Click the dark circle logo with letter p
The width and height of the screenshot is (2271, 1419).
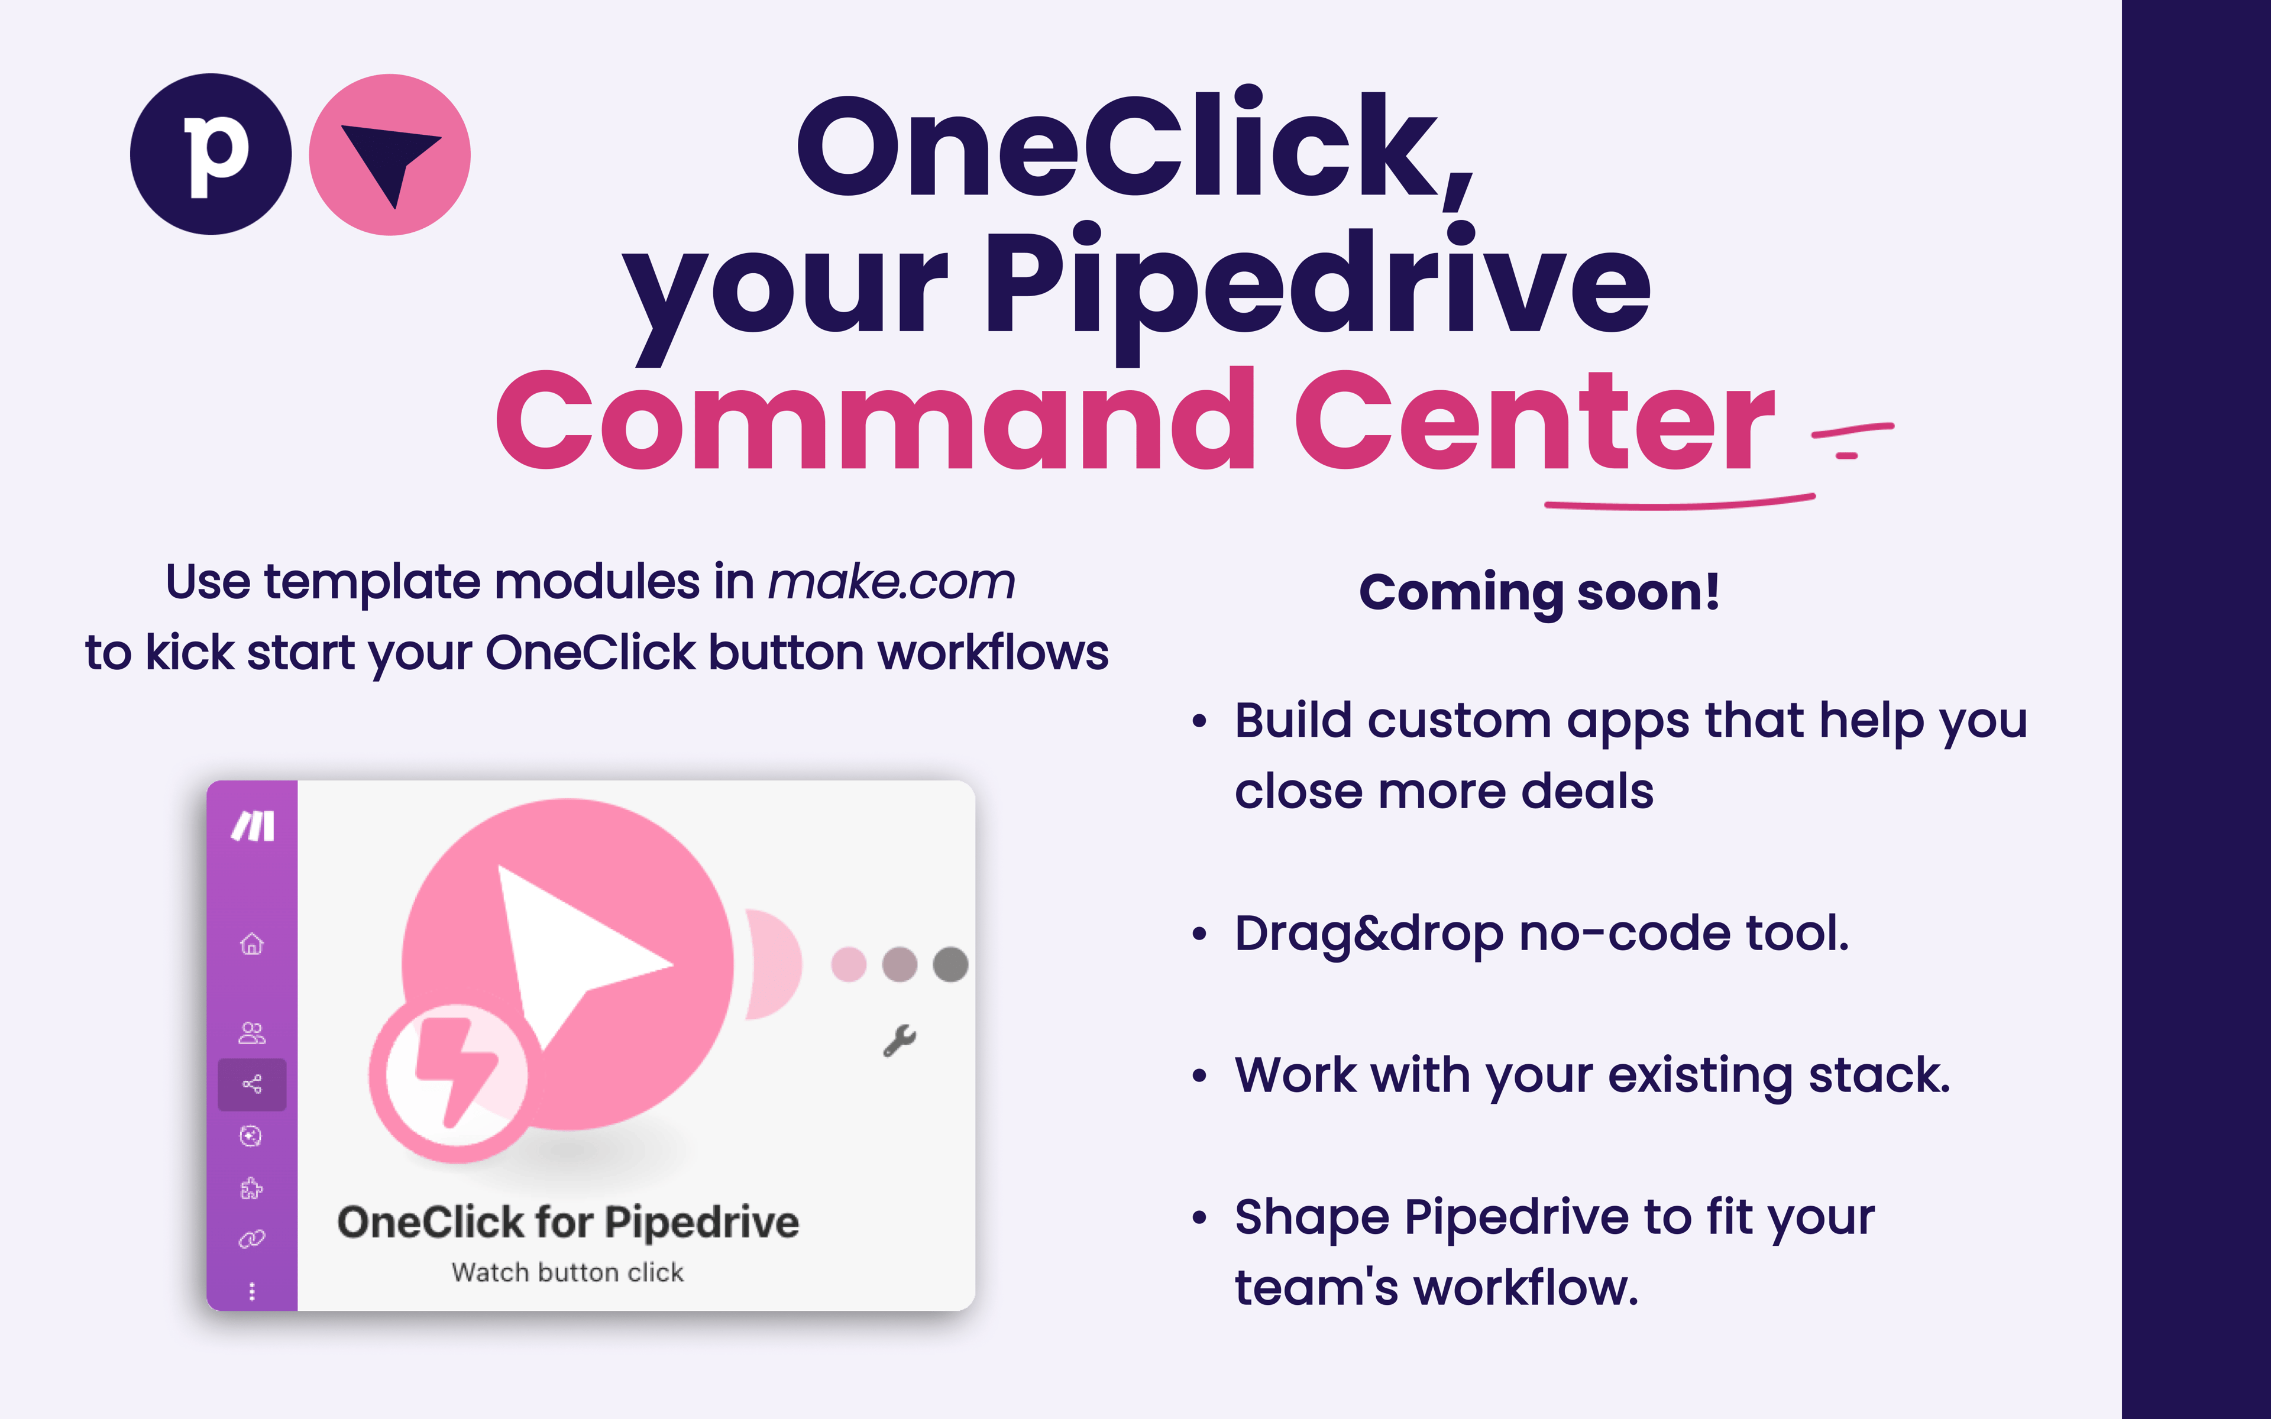coord(211,154)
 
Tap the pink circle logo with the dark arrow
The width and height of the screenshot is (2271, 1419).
coord(390,154)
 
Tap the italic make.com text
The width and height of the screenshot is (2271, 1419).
coord(891,582)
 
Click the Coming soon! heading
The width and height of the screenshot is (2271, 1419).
coord(1539,593)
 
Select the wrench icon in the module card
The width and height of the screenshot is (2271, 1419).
coord(899,1041)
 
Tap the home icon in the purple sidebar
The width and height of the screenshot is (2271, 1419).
coord(251,943)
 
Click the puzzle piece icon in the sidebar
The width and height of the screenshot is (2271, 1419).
coord(251,1188)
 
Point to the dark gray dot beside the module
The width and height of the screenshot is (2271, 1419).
coord(950,964)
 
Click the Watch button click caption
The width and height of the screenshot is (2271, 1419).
coord(568,1272)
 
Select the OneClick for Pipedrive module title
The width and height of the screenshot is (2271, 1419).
coord(568,1222)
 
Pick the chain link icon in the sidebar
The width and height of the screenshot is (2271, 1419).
coord(251,1239)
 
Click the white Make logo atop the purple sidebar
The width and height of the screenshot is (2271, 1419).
coord(253,826)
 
